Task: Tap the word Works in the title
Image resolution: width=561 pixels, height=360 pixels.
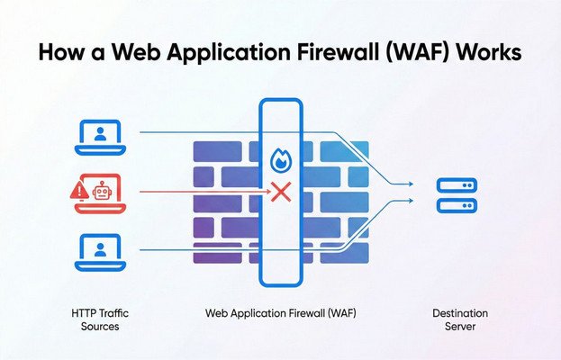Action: pyautogui.click(x=486, y=52)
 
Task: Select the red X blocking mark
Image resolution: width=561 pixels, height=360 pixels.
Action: pyautogui.click(x=281, y=192)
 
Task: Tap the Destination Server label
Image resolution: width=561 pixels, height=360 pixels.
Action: pyautogui.click(x=455, y=317)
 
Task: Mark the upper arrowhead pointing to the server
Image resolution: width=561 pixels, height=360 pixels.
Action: pyautogui.click(x=410, y=184)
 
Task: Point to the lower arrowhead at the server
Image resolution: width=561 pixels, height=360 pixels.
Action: pyautogui.click(x=410, y=202)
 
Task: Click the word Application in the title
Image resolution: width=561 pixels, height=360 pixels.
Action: pyautogui.click(x=222, y=53)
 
